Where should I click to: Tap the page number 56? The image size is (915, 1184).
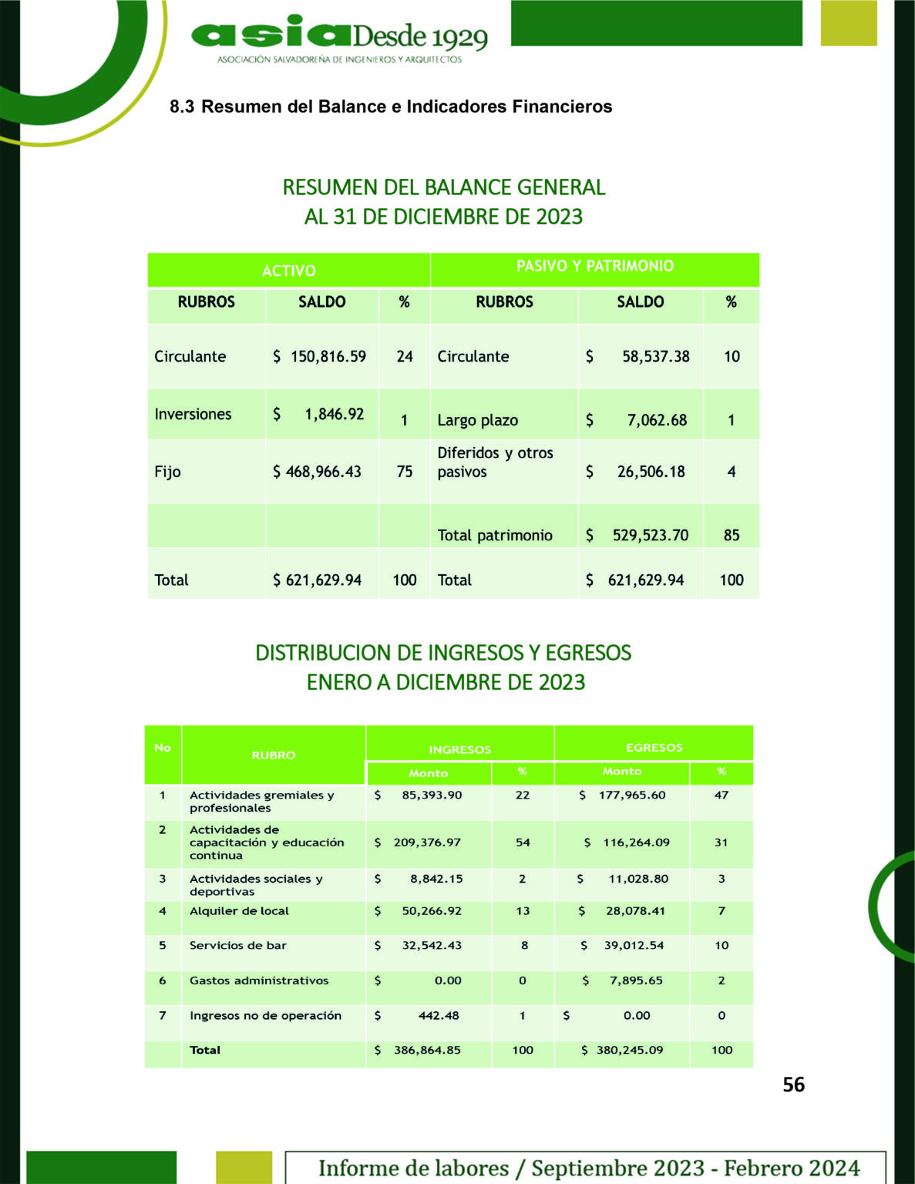pyautogui.click(x=793, y=1085)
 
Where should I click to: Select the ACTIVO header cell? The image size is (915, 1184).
pyautogui.click(x=288, y=271)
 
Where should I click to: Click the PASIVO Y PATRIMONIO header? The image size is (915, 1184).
pyautogui.click(x=594, y=266)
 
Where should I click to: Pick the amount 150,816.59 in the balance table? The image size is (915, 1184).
pyautogui.click(x=328, y=356)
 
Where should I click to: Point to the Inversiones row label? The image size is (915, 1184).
pyautogui.click(x=193, y=414)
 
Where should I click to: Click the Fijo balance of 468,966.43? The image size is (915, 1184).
pyautogui.click(x=323, y=472)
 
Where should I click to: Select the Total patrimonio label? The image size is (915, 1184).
pyautogui.click(x=494, y=535)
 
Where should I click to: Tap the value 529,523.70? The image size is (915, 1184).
pyautogui.click(x=650, y=535)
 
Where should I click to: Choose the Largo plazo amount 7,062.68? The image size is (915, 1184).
pyautogui.click(x=656, y=420)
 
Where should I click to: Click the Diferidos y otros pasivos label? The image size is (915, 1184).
pyautogui.click(x=495, y=462)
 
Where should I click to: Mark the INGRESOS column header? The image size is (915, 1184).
pyautogui.click(x=459, y=749)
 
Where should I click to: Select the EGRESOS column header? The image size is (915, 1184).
pyautogui.click(x=654, y=747)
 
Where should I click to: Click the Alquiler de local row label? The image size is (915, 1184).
pyautogui.click(x=239, y=910)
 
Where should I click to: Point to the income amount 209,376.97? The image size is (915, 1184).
pyautogui.click(x=427, y=843)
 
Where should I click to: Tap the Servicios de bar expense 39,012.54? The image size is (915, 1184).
pyautogui.click(x=634, y=945)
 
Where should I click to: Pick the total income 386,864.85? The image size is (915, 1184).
pyautogui.click(x=427, y=1050)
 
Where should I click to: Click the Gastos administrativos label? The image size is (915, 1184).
pyautogui.click(x=259, y=980)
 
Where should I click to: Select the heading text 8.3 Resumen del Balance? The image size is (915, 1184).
pyautogui.click(x=391, y=106)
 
